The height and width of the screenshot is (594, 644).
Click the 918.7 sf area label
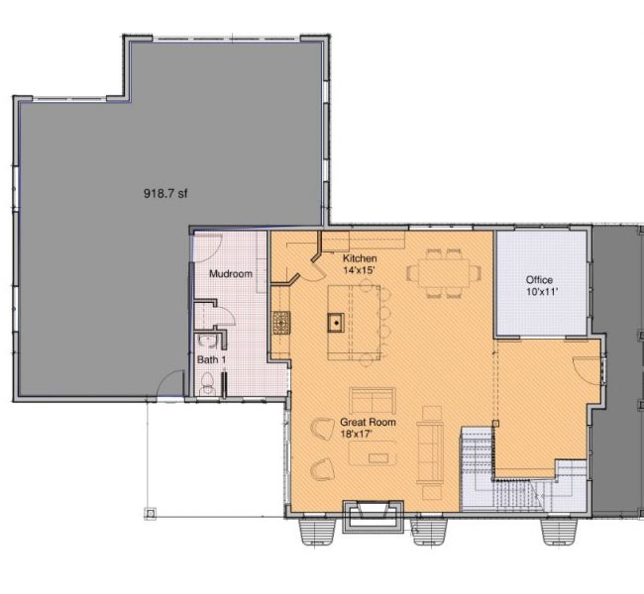click(165, 193)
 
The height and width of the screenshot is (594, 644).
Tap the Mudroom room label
click(231, 273)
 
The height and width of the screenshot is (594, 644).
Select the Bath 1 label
click(211, 359)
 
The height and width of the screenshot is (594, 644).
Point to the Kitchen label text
click(360, 258)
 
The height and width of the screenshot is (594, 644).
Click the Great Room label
click(368, 422)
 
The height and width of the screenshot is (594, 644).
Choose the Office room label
click(539, 280)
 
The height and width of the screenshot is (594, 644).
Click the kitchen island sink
click(336, 323)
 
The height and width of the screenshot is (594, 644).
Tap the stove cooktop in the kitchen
click(281, 323)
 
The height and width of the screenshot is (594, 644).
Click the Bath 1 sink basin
click(204, 341)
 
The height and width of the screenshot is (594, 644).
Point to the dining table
click(444, 272)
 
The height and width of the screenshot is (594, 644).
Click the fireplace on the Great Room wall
click(373, 516)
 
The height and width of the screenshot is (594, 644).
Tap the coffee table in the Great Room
click(373, 452)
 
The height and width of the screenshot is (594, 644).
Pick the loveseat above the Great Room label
click(373, 400)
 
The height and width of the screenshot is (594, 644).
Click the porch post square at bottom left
click(151, 513)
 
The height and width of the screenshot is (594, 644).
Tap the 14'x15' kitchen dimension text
click(360, 270)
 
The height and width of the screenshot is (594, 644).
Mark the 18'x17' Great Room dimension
click(356, 434)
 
